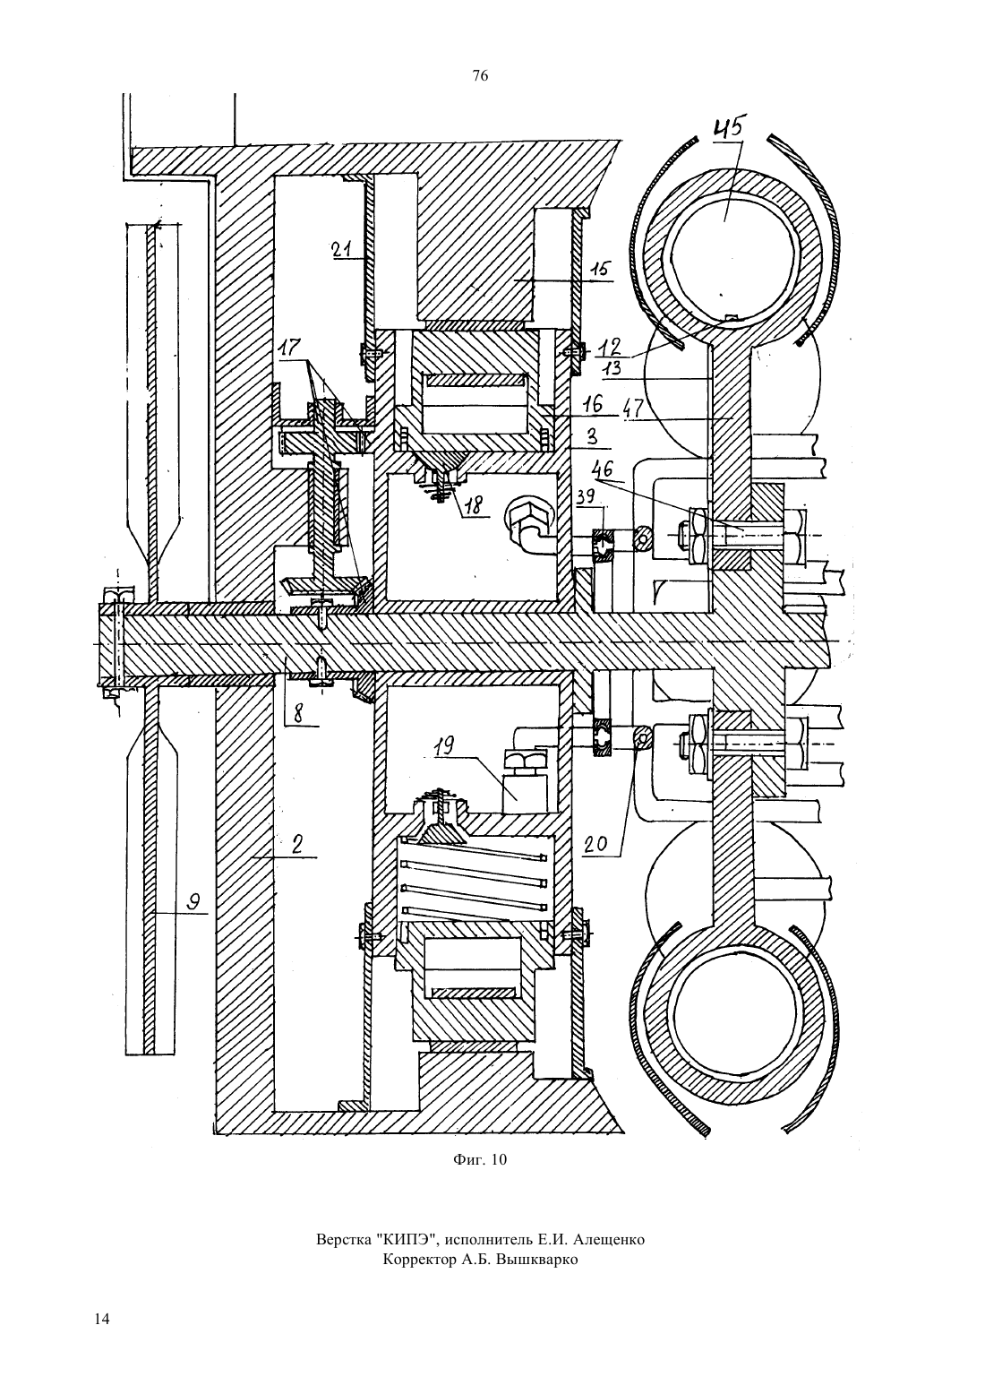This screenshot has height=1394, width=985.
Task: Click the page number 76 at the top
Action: click(x=480, y=76)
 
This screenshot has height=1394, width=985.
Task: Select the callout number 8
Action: click(x=299, y=714)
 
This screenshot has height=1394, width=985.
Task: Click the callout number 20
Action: click(x=595, y=844)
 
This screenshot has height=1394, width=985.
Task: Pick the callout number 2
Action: click(x=298, y=845)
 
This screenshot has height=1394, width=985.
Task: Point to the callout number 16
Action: click(x=593, y=405)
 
